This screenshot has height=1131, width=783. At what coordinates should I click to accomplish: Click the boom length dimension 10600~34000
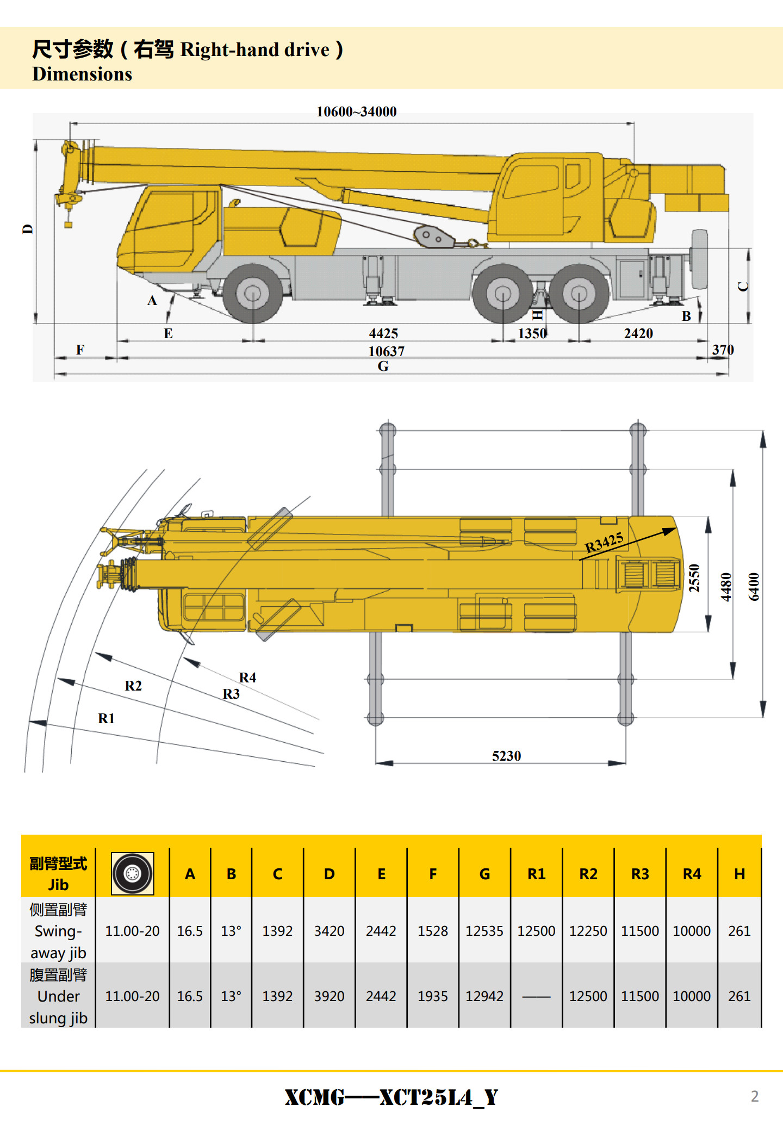[357, 112]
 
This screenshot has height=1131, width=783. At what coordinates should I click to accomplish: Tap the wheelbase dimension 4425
[383, 333]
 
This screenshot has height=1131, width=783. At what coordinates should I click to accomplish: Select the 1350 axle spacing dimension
[532, 333]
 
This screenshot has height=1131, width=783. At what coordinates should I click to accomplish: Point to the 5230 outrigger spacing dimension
[506, 756]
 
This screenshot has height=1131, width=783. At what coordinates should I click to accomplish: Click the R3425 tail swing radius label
[604, 543]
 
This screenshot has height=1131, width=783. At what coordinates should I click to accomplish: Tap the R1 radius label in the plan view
[106, 718]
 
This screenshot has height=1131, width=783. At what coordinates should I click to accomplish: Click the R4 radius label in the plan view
[247, 678]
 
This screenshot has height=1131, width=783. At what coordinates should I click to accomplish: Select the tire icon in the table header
[132, 874]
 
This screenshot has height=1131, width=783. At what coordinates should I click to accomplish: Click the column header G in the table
[484, 874]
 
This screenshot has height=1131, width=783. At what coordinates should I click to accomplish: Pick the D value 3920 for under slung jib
[329, 996]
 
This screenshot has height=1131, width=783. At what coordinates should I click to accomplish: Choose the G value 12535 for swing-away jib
[484, 931]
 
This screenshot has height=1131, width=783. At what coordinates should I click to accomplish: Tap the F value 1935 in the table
[433, 996]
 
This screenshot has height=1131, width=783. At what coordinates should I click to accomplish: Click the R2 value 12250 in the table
[588, 931]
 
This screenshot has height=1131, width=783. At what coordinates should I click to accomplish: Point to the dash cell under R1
[536, 996]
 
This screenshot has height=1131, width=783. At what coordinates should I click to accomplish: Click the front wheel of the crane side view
[253, 294]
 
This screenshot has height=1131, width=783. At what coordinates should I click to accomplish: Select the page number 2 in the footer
[755, 1096]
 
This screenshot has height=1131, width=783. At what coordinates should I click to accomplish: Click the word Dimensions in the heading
[82, 74]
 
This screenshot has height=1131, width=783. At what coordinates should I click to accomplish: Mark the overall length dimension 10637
[387, 351]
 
